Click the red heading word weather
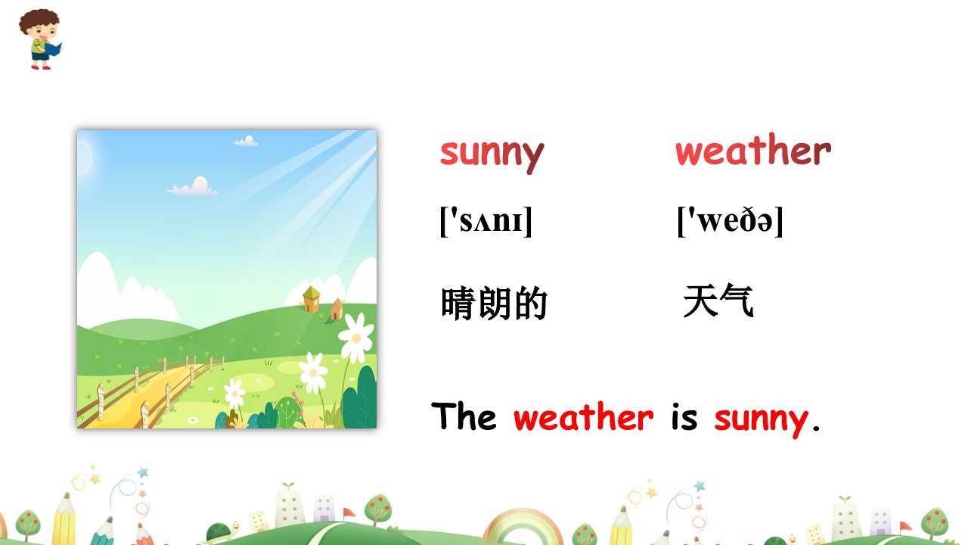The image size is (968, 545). coord(753,150)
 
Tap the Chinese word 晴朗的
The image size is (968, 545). coord(494,303)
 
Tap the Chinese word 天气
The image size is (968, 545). coord(718,301)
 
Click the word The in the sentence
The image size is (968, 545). coord(464,416)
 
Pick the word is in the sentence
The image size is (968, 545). coord(684,416)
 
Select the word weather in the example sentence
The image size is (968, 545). coord(583,416)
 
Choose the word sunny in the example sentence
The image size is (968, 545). coord(761,419)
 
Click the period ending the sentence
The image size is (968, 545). coord(816,428)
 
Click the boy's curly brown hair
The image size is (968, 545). coord(39,20)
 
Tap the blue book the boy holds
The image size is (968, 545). coord(54,48)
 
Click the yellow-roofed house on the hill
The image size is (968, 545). coord(311,299)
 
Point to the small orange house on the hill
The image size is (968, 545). coord(337,309)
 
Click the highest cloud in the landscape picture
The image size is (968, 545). coord(246,141)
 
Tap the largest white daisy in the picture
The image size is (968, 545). coord(356,338)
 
